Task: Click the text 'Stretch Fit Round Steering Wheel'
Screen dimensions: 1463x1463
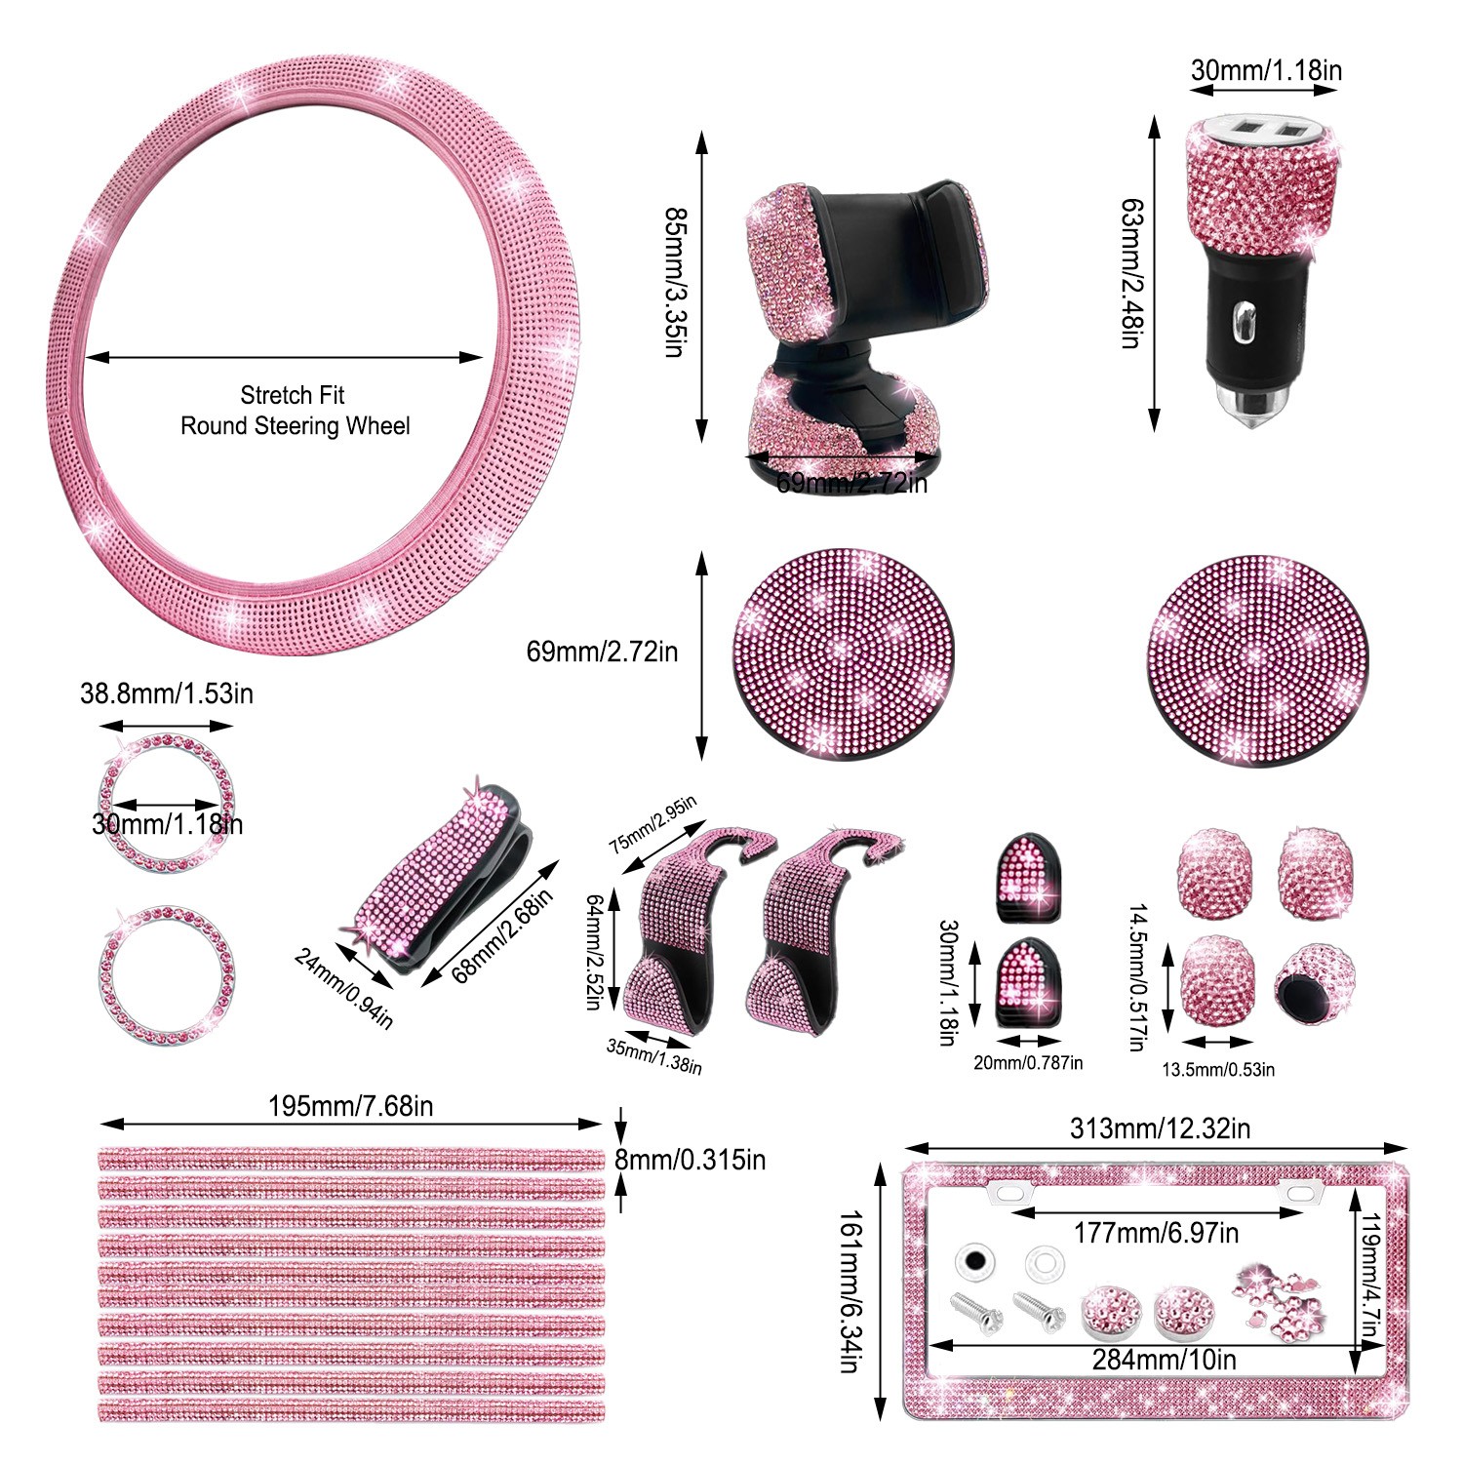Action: pyautogui.click(x=295, y=411)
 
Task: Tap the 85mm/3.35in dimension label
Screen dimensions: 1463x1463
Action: pyautogui.click(x=674, y=282)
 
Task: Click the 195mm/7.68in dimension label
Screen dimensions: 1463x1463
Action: pyautogui.click(x=351, y=1106)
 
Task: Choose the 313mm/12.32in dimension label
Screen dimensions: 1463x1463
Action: pyautogui.click(x=1160, y=1128)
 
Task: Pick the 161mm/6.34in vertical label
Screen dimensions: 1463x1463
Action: pyautogui.click(x=850, y=1291)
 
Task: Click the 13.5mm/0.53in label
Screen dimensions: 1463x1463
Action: pyautogui.click(x=1217, y=1070)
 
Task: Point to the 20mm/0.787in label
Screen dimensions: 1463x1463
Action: pyautogui.click(x=1028, y=1063)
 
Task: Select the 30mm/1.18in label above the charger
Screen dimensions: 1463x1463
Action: pyautogui.click(x=1266, y=70)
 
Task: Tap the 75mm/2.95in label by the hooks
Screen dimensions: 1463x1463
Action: pyautogui.click(x=652, y=824)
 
